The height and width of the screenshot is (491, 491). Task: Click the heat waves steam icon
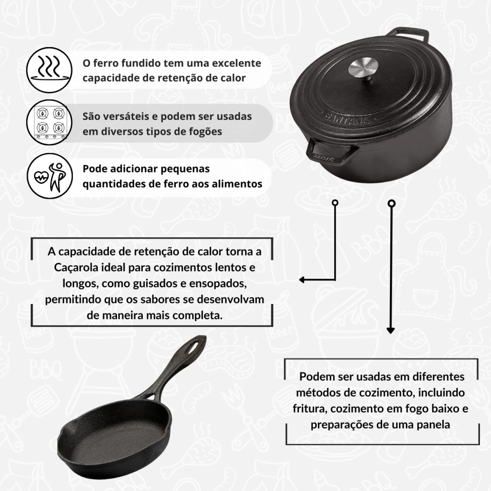pyautogui.click(x=49, y=70)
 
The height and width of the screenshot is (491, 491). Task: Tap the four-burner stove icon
pyautogui.click(x=49, y=122)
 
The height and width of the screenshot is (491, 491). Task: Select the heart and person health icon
pyautogui.click(x=49, y=175)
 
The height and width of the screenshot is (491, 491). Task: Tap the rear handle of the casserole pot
pyautogui.click(x=407, y=34)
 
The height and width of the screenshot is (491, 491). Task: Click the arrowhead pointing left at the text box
pyautogui.click(x=302, y=280)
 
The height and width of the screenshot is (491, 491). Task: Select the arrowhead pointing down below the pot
pyautogui.click(x=390, y=330)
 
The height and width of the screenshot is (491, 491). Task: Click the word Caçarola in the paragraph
pyautogui.click(x=76, y=268)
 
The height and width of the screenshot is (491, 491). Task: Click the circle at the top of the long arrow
pyautogui.click(x=391, y=204)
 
